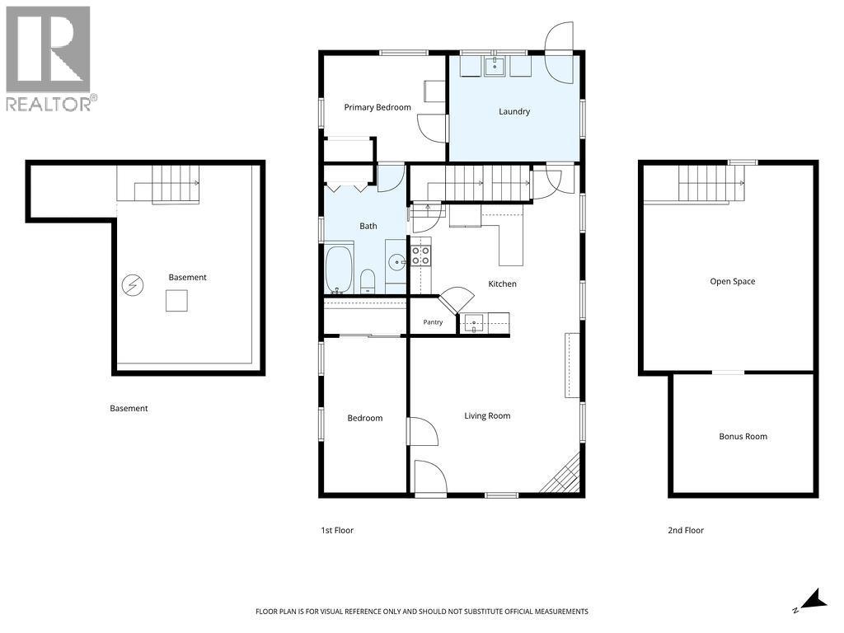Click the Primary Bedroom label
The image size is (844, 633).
click(377, 107)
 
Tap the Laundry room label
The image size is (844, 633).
click(514, 111)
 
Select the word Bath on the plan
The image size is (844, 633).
click(368, 226)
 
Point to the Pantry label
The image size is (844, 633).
click(433, 322)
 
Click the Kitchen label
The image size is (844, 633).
click(502, 284)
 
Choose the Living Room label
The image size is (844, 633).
click(487, 415)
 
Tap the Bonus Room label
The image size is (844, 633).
click(743, 437)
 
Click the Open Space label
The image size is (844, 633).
click(732, 282)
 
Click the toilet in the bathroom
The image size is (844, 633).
click(368, 281)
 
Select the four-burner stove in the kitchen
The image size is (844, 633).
click(420, 256)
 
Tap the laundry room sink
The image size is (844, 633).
click(495, 66)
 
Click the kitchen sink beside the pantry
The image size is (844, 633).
click(474, 323)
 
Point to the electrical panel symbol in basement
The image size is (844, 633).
click(133, 285)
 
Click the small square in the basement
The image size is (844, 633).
click(176, 300)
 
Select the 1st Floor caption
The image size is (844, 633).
click(337, 530)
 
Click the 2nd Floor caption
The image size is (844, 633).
click(686, 530)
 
